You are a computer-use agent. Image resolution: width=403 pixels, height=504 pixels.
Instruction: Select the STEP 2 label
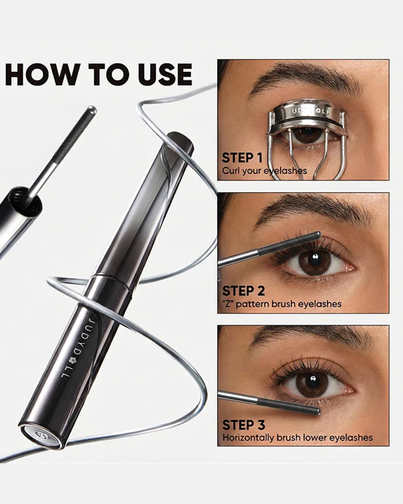coord(243,291)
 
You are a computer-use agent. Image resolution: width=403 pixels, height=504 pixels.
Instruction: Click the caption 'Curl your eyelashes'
coord(264,171)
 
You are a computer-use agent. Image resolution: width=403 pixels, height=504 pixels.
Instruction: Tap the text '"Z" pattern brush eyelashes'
coord(282,304)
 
